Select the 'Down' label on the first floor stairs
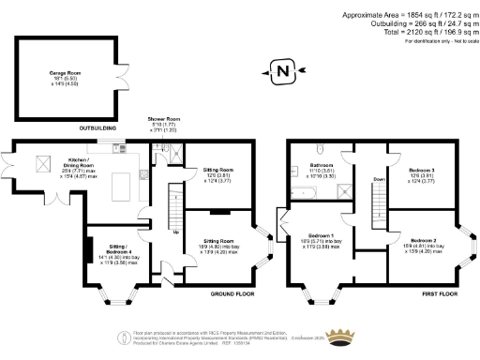378,178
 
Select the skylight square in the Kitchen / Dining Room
43,165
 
